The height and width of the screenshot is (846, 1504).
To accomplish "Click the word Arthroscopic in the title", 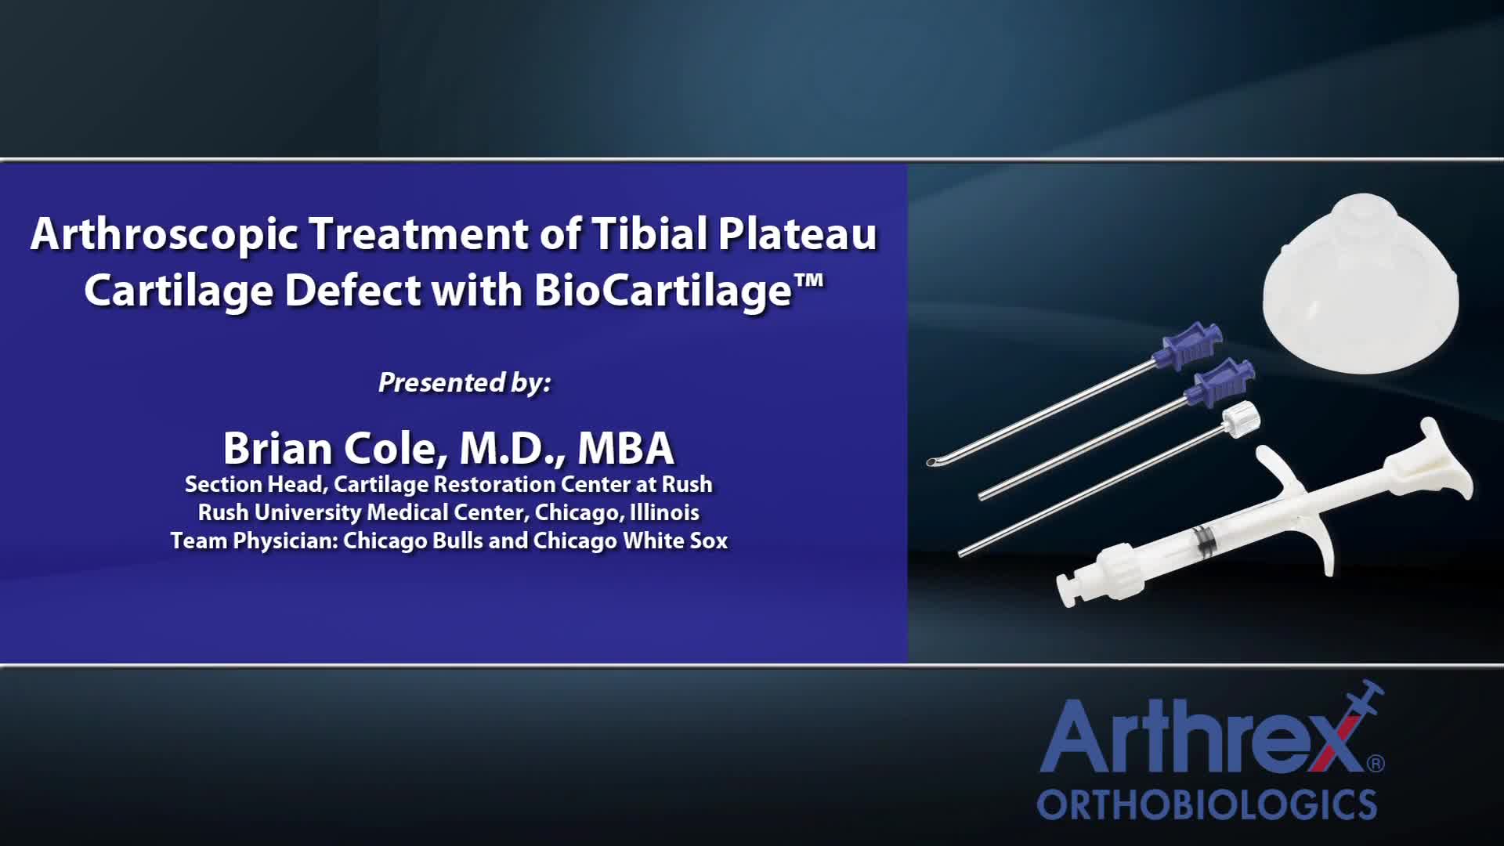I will click(164, 234).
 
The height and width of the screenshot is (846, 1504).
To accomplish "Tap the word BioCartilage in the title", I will click(663, 291).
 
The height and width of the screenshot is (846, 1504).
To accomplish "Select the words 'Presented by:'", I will click(465, 382).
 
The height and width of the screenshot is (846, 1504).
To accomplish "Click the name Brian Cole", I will click(329, 448).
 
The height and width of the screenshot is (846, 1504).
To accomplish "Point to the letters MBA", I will click(625, 448).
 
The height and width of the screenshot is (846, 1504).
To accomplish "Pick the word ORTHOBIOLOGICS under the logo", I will click(1206, 805).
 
